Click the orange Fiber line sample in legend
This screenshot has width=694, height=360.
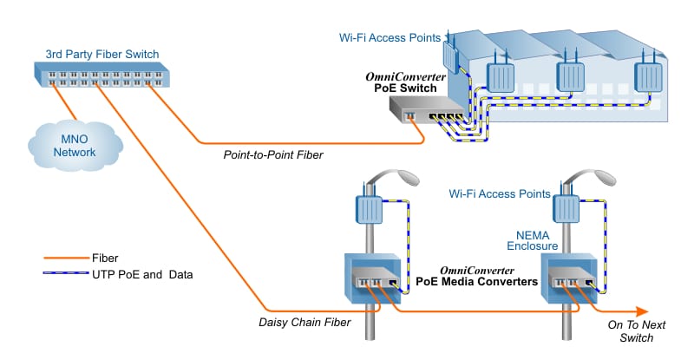(65, 258)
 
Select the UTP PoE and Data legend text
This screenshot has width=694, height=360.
(142, 274)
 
